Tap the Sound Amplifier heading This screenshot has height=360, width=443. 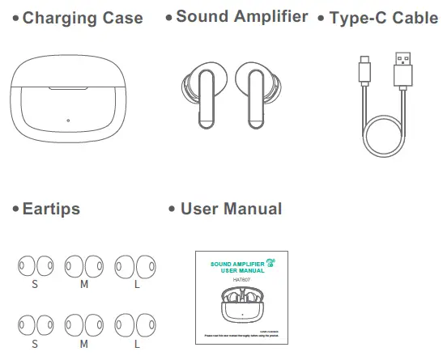click(241, 16)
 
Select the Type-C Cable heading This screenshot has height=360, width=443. click(382, 18)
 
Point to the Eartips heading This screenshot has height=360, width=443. click(50, 209)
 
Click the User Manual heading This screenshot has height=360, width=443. click(231, 209)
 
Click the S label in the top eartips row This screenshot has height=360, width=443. click(35, 285)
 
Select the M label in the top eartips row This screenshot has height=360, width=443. click(83, 285)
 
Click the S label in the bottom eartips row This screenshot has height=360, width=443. click(35, 344)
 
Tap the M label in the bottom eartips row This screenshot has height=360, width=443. click(83, 344)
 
